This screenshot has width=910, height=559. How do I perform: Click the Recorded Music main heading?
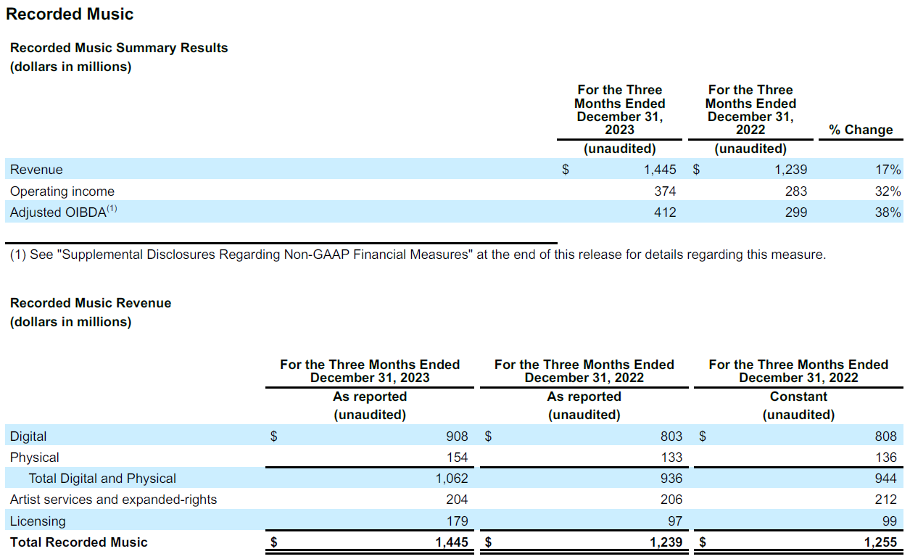pos(70,15)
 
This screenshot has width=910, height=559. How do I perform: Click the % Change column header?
pos(861,130)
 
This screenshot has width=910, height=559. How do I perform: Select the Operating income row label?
pos(62,191)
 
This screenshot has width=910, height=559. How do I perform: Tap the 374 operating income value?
pos(665,191)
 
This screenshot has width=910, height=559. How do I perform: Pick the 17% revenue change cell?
pos(888,170)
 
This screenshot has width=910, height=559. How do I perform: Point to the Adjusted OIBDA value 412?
pos(665,212)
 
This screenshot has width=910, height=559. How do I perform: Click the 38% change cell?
pos(888,212)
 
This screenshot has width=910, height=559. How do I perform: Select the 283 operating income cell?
pos(796,191)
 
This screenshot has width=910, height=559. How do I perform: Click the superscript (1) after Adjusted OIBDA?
pos(112,208)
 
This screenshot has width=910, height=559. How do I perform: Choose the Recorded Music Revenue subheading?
pos(91,303)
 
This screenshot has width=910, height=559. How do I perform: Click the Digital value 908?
pos(457,436)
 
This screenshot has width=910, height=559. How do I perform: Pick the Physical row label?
pos(35,457)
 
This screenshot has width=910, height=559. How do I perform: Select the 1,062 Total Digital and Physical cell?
pos(452,479)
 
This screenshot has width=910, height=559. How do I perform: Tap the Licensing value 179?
pos(457,521)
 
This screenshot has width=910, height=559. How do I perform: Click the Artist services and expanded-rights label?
pos(113,500)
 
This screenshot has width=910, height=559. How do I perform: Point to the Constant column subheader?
pos(798,397)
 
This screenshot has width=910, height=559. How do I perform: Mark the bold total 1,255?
pos(880,542)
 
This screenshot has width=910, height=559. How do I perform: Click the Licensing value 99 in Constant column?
pos(889,521)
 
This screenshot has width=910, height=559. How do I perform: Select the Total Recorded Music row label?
pos(78,542)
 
